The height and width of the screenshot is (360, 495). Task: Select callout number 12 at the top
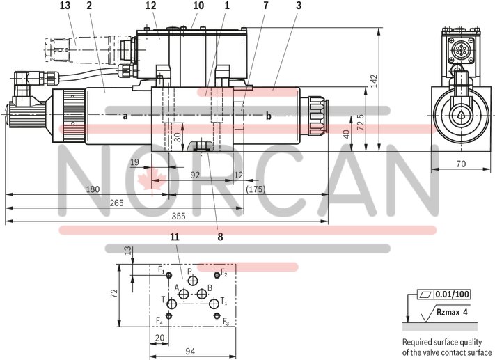click(x=150, y=6)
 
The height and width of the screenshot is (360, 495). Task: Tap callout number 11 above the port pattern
click(x=174, y=237)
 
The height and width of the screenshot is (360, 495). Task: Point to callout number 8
click(x=220, y=237)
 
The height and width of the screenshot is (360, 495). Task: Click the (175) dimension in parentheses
click(x=256, y=189)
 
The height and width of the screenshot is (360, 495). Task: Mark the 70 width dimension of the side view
click(x=461, y=164)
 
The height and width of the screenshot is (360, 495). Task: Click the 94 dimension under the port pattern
click(x=190, y=351)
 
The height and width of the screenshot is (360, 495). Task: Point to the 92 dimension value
click(x=195, y=175)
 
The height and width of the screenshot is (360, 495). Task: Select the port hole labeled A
click(x=184, y=295)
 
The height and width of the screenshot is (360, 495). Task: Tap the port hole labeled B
click(x=201, y=295)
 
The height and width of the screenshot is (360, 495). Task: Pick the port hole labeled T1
click(x=214, y=303)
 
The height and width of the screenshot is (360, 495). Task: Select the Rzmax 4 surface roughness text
click(x=453, y=313)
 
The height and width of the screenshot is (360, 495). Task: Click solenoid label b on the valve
click(x=269, y=116)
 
